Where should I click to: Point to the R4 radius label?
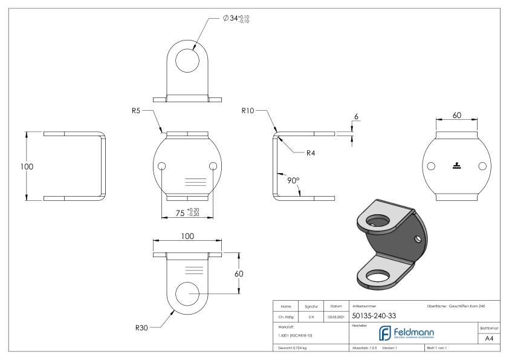pyautogui.click(x=311, y=153)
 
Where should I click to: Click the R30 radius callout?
pyautogui.click(x=143, y=327)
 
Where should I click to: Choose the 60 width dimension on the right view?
pyautogui.click(x=456, y=115)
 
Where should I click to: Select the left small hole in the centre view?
pyautogui.click(x=162, y=166)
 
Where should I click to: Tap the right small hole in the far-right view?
pyautogui.click(x=482, y=166)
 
